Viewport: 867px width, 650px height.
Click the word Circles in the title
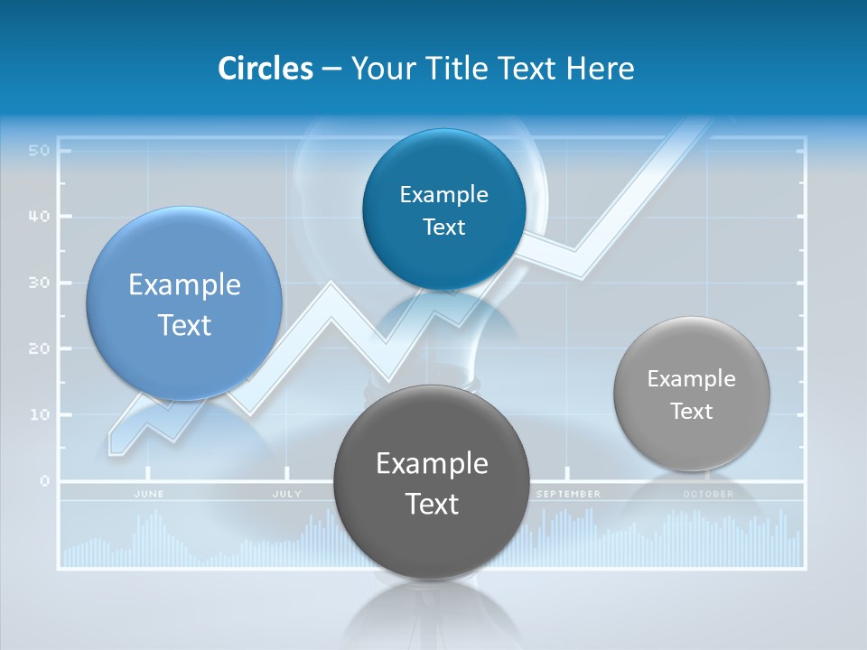265,69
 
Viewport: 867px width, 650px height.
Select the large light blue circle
184,303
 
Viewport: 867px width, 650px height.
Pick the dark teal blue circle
443,209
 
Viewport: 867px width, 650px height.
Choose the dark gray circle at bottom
432,482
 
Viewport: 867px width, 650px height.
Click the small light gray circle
692,394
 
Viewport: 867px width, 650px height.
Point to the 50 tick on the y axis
38,150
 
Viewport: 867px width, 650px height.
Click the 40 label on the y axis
38,217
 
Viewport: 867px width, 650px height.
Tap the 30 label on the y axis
38,283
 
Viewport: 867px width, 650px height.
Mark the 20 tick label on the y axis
38,348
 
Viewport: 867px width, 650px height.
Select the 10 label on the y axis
38,414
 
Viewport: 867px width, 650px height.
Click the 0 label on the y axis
43,480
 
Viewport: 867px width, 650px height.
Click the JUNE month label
149,494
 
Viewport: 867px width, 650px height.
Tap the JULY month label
287,494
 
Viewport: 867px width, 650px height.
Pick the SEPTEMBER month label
568,494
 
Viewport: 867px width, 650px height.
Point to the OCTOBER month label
708,494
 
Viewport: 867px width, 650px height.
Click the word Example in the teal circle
443,194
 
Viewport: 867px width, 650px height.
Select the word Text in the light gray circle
692,412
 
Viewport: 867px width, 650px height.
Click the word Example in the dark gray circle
432,464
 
